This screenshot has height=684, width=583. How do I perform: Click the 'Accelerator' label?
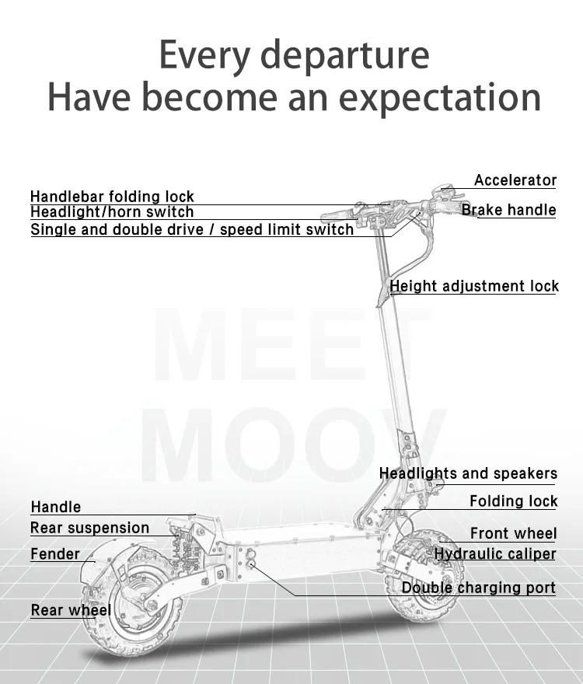tap(515, 180)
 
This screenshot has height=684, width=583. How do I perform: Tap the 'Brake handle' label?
tap(509, 210)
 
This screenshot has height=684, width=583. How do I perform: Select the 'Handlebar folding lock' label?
tap(112, 197)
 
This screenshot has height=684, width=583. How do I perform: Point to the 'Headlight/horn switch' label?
tap(112, 212)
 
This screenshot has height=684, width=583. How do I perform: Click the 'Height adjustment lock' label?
tap(474, 286)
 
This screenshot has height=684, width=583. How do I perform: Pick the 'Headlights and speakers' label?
tap(468, 473)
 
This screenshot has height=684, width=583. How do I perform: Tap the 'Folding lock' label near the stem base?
tap(513, 501)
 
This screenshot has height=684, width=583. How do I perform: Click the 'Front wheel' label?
tap(513, 533)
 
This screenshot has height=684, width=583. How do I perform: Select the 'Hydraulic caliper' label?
tap(495, 554)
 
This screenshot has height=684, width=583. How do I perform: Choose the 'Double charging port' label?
tap(478, 588)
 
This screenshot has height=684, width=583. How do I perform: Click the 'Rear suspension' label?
tap(89, 529)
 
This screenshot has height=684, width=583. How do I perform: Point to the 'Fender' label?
tap(55, 554)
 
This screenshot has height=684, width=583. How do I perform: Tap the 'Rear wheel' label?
tap(71, 610)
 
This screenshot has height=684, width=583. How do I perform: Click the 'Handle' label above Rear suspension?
tap(55, 508)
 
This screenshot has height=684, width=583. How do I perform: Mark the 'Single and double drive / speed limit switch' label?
tap(192, 230)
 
